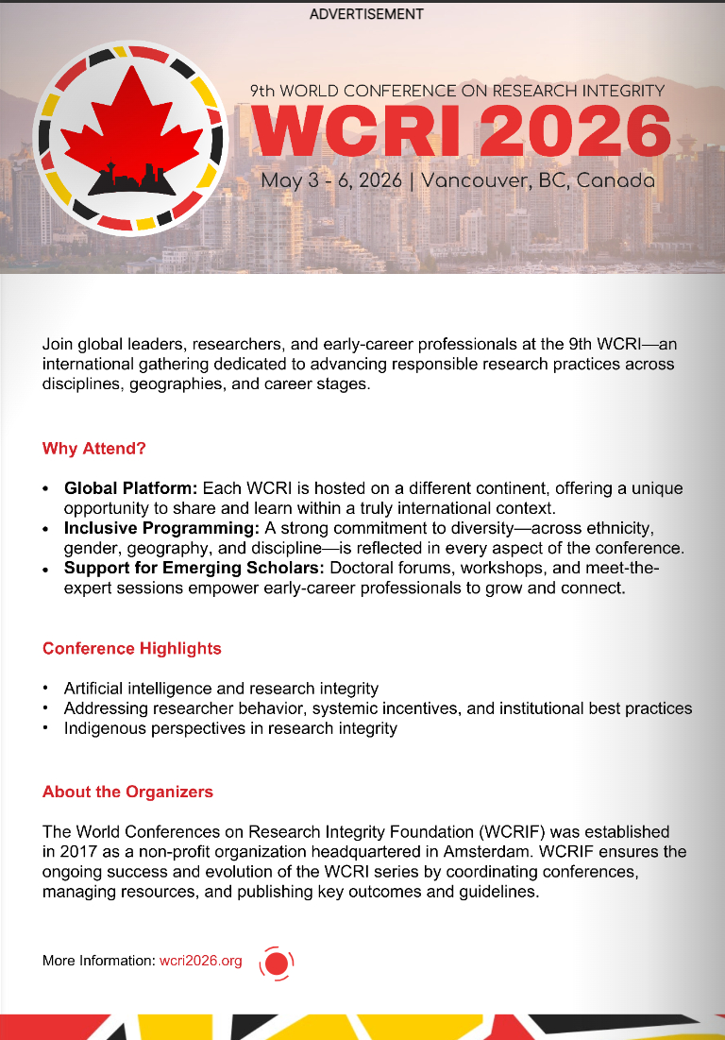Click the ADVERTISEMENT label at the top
coord(366,14)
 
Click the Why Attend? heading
coord(94,449)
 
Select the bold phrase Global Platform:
coord(130,488)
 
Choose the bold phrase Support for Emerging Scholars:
coord(194,568)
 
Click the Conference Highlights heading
coord(132,649)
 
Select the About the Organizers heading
coord(127,792)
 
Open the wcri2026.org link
coord(200,961)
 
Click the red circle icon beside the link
coord(277,963)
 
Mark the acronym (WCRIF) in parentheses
coord(514,832)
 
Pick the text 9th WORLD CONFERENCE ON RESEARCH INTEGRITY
coord(457,91)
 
